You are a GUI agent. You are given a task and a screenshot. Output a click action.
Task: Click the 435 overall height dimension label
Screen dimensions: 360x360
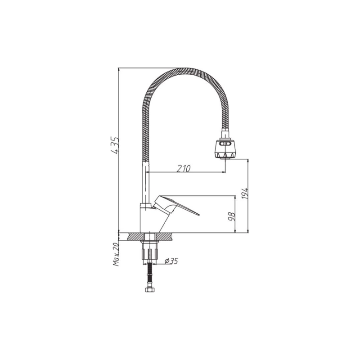point(115,145)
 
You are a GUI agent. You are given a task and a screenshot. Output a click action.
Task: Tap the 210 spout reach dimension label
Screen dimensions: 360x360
point(184,168)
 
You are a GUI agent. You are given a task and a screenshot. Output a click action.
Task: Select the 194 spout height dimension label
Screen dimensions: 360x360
point(245,193)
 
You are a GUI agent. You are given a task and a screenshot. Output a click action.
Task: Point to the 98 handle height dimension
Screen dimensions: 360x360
point(232,216)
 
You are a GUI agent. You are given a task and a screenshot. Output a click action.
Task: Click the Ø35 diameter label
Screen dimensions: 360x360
point(171,261)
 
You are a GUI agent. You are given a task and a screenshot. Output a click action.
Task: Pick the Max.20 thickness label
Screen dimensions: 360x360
point(116,254)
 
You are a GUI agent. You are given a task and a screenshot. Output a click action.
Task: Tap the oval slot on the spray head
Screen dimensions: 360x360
point(225,144)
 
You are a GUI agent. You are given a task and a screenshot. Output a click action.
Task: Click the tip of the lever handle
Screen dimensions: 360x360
point(199,215)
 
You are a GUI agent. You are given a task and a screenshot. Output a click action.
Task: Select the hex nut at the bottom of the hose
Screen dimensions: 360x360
point(150,289)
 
